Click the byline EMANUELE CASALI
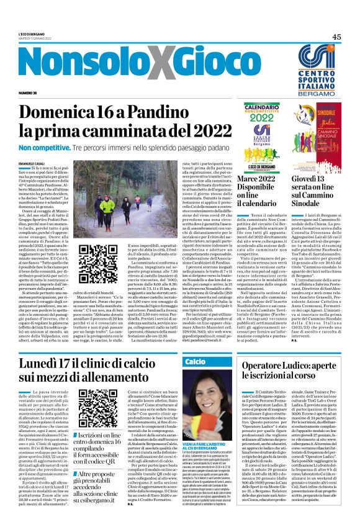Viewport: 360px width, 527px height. click(x=33, y=163)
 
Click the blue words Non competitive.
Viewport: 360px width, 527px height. click(x=42, y=149)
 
